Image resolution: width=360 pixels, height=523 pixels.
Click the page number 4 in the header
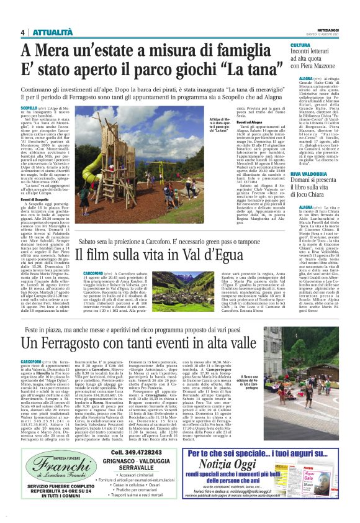pos(22,32)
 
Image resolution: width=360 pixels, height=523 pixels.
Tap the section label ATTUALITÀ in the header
pos(48,32)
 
